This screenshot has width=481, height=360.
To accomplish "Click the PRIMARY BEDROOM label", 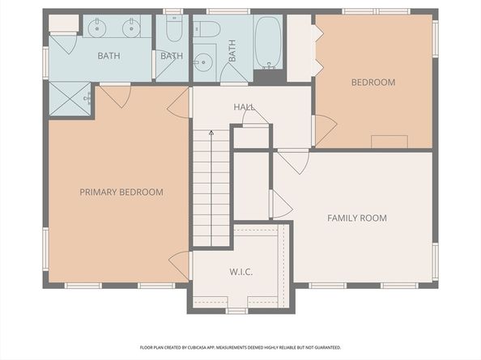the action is [121, 192].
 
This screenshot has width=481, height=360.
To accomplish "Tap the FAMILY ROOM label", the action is [357, 218].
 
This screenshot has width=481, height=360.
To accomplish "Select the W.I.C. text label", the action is [241, 272].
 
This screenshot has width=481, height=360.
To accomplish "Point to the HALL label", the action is [245, 107].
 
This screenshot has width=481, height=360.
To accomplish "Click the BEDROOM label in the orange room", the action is [373, 82].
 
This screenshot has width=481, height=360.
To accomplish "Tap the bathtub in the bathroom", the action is [268, 42].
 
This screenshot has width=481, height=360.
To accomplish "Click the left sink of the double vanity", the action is [97, 28].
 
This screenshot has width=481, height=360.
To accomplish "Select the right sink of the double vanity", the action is [131, 28].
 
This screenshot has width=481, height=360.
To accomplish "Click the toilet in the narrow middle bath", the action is [174, 28].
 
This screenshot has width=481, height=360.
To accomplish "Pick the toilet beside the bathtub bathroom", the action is [206, 29].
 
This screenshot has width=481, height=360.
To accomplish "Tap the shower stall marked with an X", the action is [70, 99].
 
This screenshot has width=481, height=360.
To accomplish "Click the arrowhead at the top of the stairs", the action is [211, 133].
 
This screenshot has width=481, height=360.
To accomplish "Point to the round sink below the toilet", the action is [203, 62].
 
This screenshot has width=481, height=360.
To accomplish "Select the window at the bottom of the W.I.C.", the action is [236, 311].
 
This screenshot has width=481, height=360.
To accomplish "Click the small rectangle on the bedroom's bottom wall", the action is [389, 142].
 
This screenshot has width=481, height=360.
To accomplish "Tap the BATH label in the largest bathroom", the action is [109, 56].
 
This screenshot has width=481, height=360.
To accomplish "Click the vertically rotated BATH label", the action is [232, 50].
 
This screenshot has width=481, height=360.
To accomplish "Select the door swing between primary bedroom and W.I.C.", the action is [180, 265].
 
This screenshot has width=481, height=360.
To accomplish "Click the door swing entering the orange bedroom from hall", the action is [325, 130].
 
